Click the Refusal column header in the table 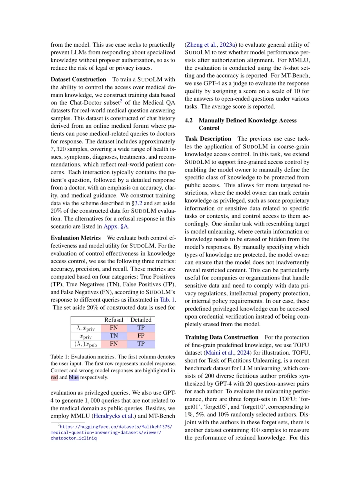coord(114,320)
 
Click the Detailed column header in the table coord(141,320)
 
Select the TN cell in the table coord(114,336)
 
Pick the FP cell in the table coord(141,336)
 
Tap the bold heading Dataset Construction coord(78,79)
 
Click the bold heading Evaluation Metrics coord(76,238)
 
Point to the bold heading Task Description coord(208,139)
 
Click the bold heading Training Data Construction coord(222,337)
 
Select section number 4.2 coord(189,120)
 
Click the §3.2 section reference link coord(137,203)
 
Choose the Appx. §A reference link coord(116,226)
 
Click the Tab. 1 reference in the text coord(167,300)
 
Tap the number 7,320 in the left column coord(59,149)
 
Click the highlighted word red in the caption coord(54,377)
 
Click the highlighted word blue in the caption coord(74,377)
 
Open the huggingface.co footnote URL coord(111,432)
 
